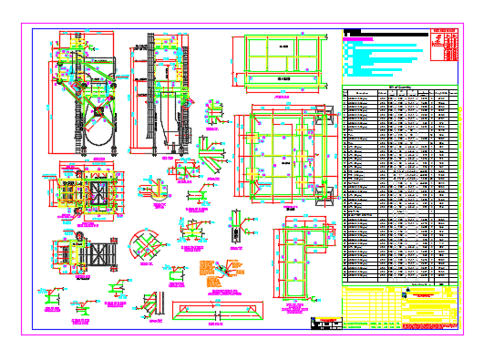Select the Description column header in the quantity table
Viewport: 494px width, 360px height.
pos(362,93)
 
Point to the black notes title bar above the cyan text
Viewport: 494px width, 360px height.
pos(352,34)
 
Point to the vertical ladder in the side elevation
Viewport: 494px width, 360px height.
pos(139,100)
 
